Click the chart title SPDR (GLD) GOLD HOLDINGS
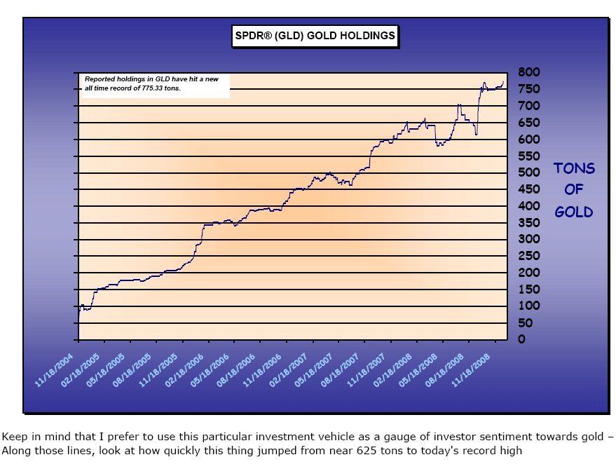coord(315,36)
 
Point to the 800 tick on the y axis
coord(528,72)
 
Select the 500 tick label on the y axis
coord(528,172)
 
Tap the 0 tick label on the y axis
coord(521,339)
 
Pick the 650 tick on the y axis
coord(528,123)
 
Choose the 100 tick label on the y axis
coord(528,306)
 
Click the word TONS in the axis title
coord(574,169)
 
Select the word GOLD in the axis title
coord(574,211)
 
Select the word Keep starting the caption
coord(13,437)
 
